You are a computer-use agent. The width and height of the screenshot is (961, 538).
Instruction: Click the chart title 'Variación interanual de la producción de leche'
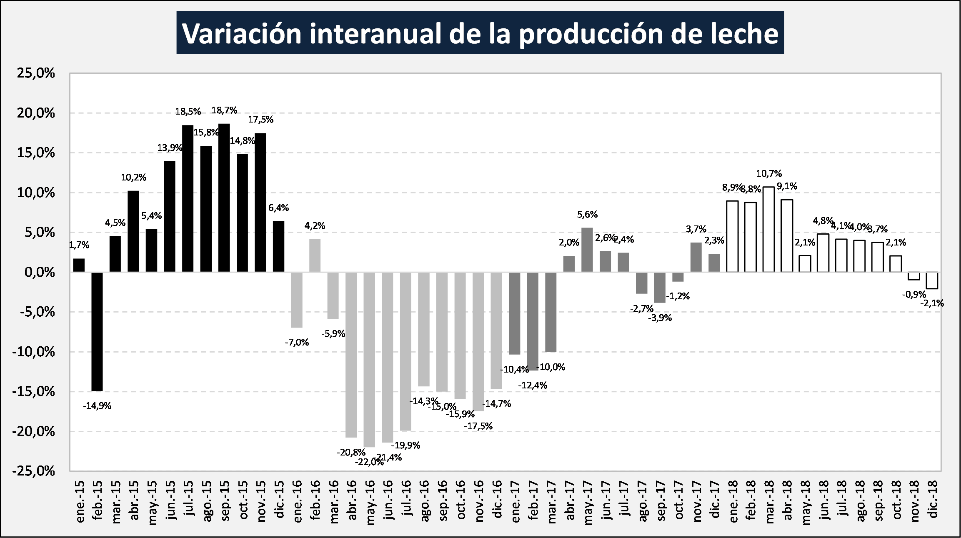480,33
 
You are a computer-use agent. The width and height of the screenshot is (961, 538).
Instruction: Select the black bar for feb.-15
97,331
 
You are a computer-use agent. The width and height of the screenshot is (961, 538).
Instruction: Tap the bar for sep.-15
224,198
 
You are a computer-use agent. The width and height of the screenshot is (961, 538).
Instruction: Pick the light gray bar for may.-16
369,359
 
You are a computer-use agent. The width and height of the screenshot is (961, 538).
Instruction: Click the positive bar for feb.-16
315,255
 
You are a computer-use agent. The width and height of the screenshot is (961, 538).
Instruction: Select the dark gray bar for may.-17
587,250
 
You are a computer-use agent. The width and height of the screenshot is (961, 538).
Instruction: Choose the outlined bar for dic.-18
932,280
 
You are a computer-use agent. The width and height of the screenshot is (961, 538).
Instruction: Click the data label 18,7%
224,110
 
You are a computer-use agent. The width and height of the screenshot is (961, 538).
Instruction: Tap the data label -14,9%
97,406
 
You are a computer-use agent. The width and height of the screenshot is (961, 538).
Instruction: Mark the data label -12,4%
533,385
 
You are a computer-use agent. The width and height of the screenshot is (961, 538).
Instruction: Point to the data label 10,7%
769,174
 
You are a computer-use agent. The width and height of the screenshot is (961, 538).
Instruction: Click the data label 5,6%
587,215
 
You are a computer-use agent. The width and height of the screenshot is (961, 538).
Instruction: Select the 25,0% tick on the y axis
36,73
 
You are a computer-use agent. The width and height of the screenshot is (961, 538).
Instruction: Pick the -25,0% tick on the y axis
33,471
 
